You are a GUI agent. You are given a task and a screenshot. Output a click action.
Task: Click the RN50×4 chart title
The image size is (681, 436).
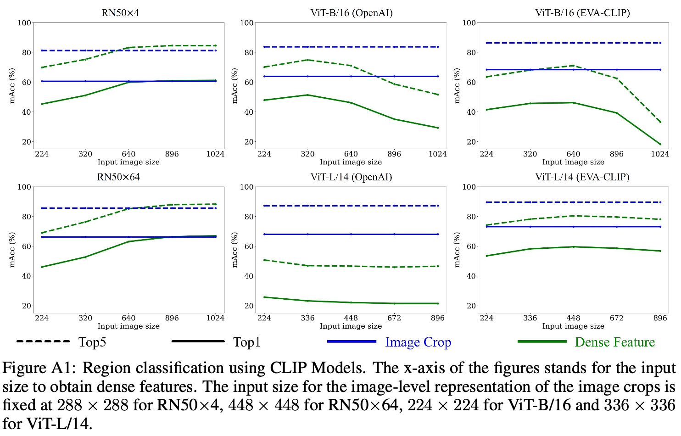click(120, 13)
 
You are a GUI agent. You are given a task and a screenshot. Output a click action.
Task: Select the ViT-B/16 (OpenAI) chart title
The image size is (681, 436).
click(351, 13)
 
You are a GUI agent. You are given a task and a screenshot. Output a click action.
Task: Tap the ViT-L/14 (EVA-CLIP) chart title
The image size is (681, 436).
click(582, 177)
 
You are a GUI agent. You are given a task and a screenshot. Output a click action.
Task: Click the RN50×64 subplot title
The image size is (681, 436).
click(118, 177)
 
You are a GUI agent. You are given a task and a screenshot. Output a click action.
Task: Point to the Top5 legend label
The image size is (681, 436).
click(92, 342)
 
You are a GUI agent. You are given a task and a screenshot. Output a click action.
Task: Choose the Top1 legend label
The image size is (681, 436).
click(246, 342)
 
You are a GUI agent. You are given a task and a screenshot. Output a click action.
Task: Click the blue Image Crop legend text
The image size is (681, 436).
click(418, 342)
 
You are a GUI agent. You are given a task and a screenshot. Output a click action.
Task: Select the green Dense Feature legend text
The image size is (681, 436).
click(614, 342)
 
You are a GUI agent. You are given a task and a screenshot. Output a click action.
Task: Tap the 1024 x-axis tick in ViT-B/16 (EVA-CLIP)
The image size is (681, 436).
click(659, 154)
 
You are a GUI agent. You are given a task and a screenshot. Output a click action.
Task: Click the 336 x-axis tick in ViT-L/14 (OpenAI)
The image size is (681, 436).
click(307, 318)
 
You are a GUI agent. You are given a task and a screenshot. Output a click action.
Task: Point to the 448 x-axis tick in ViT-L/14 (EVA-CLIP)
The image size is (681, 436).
click(573, 318)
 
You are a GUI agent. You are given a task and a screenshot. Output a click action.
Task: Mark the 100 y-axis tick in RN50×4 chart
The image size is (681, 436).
click(24, 23)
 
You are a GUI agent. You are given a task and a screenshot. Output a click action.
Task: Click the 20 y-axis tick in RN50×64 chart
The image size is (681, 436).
click(27, 306)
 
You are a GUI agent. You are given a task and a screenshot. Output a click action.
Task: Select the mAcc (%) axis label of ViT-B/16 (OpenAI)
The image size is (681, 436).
click(234, 86)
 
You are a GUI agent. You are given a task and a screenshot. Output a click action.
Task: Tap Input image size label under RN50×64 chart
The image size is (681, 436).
click(128, 326)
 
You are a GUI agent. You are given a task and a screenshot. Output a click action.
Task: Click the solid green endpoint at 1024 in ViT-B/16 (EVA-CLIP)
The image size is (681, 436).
click(660, 145)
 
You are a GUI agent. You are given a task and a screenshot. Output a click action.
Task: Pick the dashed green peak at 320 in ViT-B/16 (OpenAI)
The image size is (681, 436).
click(307, 60)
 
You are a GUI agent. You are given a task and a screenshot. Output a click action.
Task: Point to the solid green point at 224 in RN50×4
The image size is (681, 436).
click(42, 104)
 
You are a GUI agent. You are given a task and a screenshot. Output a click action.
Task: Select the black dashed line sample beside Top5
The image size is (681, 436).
click(43, 341)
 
